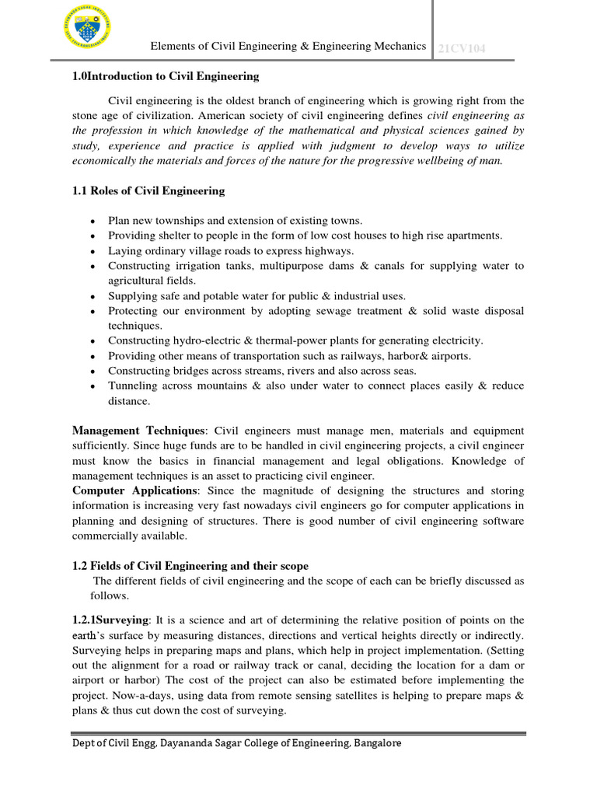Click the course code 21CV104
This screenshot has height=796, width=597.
(x=462, y=48)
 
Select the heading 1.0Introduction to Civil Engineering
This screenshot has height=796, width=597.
(x=166, y=76)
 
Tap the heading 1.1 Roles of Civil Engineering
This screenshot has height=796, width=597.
(x=148, y=190)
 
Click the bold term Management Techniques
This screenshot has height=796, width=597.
(x=138, y=431)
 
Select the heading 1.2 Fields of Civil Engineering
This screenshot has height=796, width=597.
(x=190, y=565)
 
